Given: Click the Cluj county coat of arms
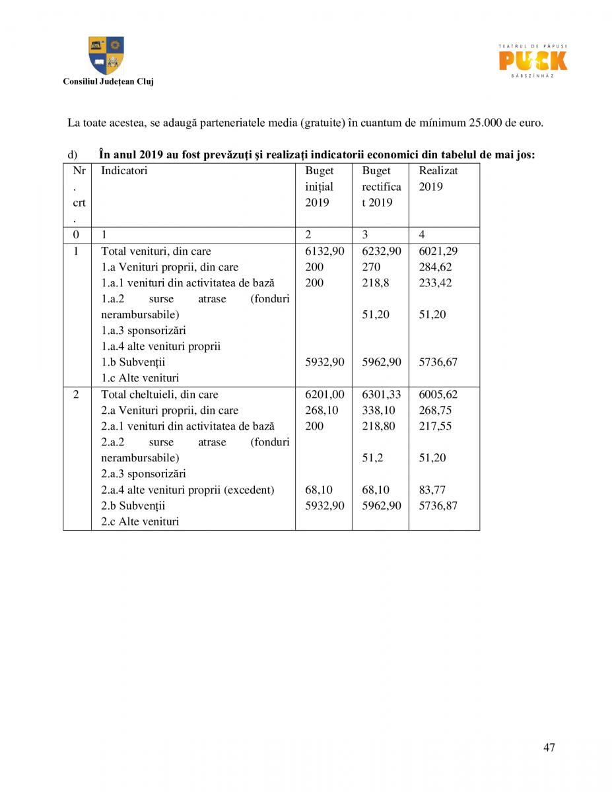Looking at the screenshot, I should pos(106,55).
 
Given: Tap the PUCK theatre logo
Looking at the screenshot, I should pos(532,61).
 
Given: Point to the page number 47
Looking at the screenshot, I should pos(549,747).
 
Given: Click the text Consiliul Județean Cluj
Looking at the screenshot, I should pos(108,82).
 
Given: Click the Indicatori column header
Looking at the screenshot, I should pos(124,171).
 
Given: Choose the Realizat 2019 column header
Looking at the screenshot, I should pos(438,178).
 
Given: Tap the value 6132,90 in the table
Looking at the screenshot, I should pos(324,251).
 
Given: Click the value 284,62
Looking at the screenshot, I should pos(436,267).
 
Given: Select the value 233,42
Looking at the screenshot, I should pos(436,283).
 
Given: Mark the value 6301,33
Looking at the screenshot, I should pos(382,395).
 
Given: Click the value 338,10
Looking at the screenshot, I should pos(379,411).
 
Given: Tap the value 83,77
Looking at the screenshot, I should pos(432,490).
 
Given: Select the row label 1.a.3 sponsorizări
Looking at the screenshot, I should pos(143,331).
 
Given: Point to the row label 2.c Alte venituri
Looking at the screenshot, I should pos(140,521).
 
